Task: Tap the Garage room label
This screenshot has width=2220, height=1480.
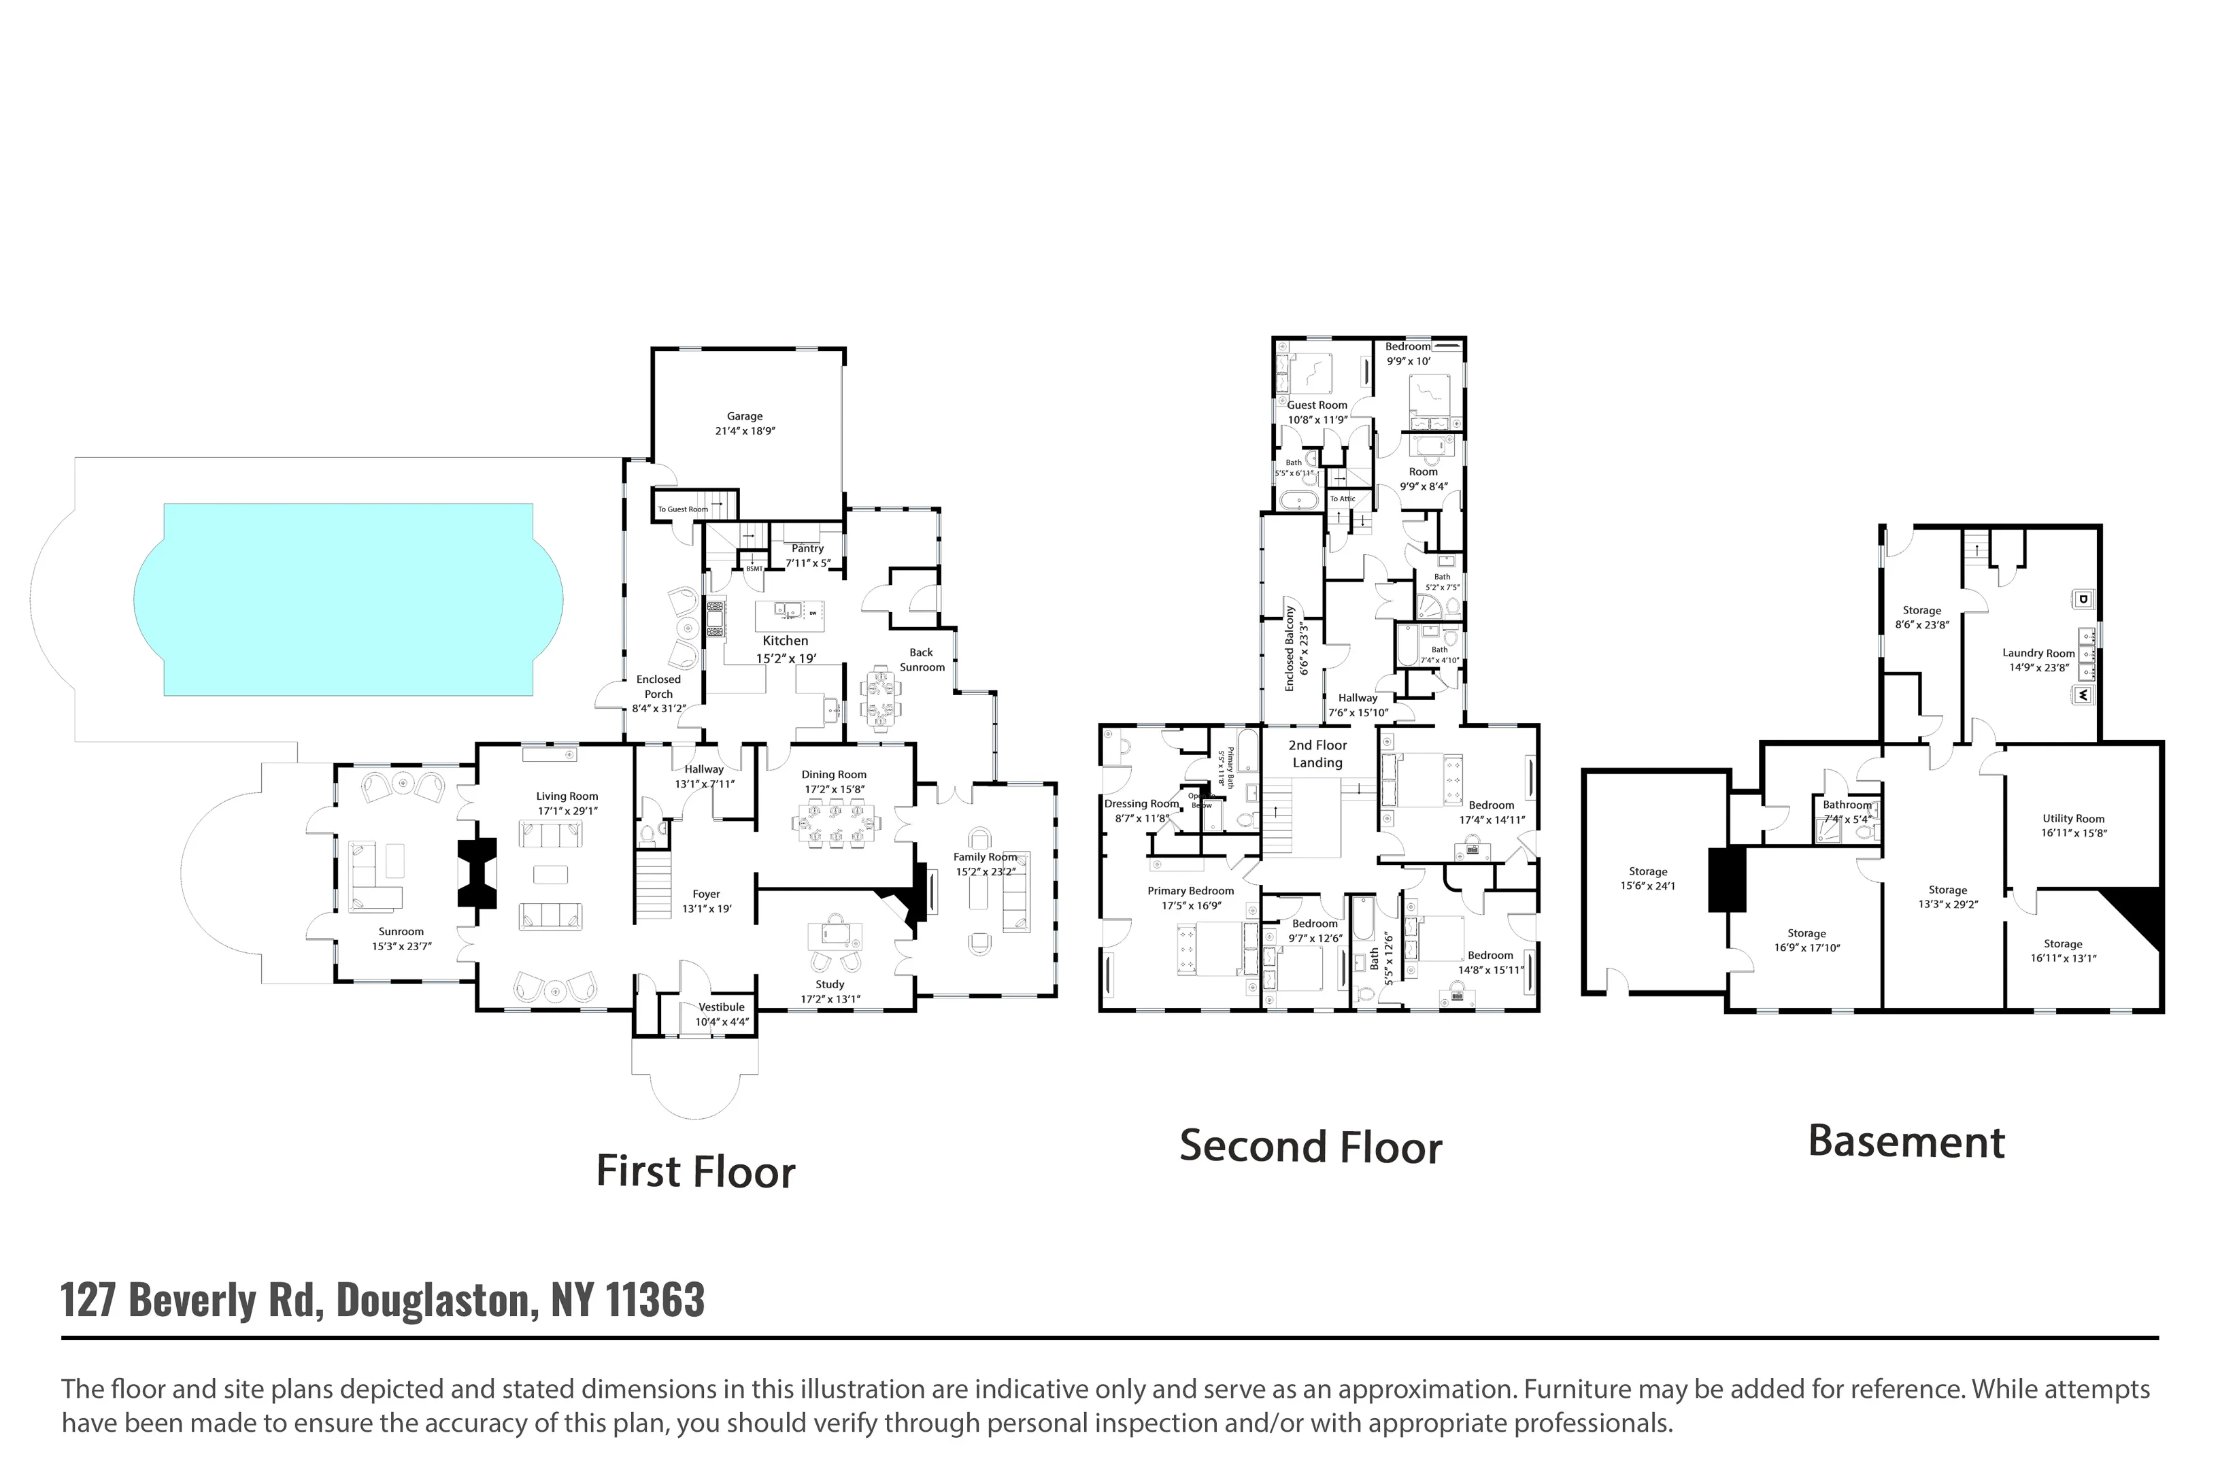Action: [x=745, y=416]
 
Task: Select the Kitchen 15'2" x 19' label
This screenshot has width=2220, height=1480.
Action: [x=786, y=650]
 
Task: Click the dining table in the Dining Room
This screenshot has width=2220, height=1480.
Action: [x=837, y=821]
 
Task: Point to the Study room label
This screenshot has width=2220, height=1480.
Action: [x=830, y=984]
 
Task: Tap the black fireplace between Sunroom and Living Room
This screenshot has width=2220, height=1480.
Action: [x=477, y=874]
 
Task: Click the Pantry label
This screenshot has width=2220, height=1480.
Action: [x=808, y=548]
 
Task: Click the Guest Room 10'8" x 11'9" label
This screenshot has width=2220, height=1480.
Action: [x=1317, y=412]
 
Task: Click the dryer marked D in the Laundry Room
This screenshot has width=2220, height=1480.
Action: [x=2083, y=599]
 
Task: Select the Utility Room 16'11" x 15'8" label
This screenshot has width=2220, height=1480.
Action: [x=2073, y=826]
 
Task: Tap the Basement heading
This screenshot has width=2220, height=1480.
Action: [x=1906, y=1142]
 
